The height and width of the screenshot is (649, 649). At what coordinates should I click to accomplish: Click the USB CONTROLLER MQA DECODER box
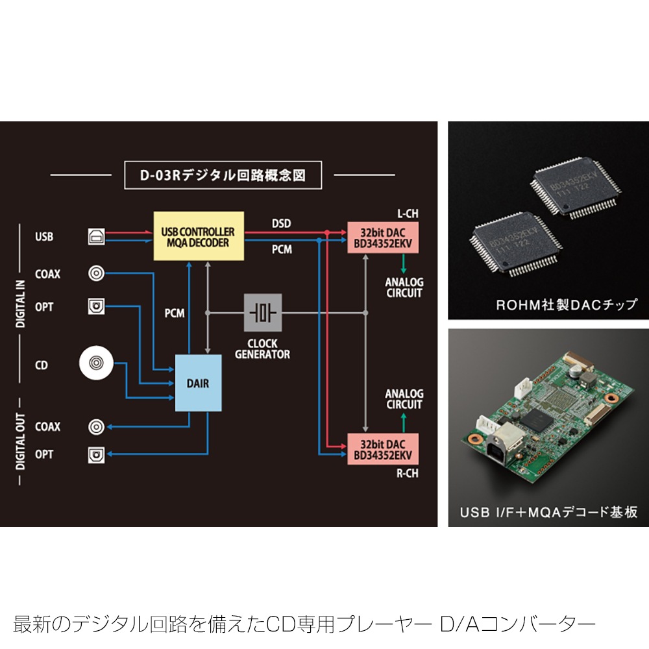pyautogui.click(x=199, y=236)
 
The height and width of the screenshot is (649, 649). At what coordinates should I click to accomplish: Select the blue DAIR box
pyautogui.click(x=198, y=383)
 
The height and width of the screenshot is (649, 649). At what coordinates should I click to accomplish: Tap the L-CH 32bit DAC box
pyautogui.click(x=384, y=238)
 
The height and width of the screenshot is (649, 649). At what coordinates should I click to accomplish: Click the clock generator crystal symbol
pyautogui.click(x=263, y=313)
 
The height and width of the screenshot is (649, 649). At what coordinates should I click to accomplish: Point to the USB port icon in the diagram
pyautogui.click(x=96, y=237)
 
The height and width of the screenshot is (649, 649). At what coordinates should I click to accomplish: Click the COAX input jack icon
pyautogui.click(x=96, y=274)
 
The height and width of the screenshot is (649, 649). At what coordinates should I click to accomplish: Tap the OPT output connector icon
pyautogui.click(x=96, y=455)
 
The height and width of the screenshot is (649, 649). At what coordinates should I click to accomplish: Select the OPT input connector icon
pyautogui.click(x=96, y=306)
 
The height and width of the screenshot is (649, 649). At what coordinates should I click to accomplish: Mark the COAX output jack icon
pyautogui.click(x=96, y=426)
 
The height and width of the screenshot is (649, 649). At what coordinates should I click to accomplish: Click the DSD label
pyautogui.click(x=281, y=224)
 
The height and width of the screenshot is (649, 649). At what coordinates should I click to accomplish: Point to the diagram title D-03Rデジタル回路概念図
pyautogui.click(x=223, y=175)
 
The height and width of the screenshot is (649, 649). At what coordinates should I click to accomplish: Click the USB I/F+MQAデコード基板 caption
pyautogui.click(x=548, y=512)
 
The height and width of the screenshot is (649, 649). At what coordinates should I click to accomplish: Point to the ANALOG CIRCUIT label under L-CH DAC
pyautogui.click(x=404, y=288)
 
